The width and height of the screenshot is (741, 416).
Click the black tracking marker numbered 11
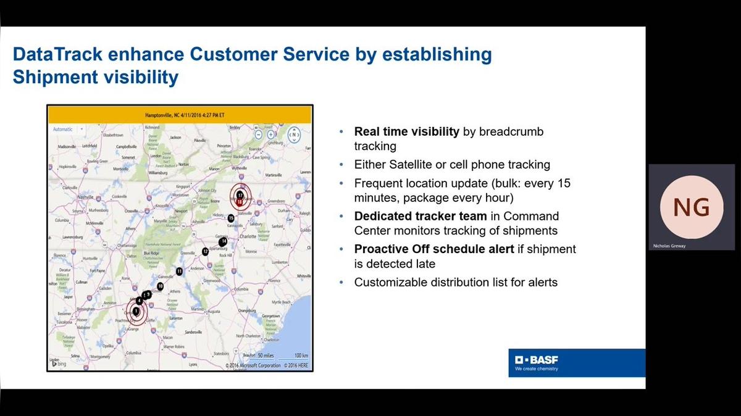(179, 272)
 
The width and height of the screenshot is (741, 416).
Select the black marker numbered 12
(205, 252)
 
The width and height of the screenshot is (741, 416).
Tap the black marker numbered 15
(231, 218)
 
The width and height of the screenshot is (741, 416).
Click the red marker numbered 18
(240, 202)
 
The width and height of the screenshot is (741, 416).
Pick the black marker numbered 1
(136, 310)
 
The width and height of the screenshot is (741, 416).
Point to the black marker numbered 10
(160, 286)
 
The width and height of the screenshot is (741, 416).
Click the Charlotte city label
(248, 236)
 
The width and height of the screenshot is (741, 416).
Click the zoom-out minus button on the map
(259, 134)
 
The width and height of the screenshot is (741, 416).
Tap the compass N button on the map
(295, 134)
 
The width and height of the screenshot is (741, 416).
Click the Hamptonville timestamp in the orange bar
(180, 115)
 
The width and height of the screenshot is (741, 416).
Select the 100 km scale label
(301, 356)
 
